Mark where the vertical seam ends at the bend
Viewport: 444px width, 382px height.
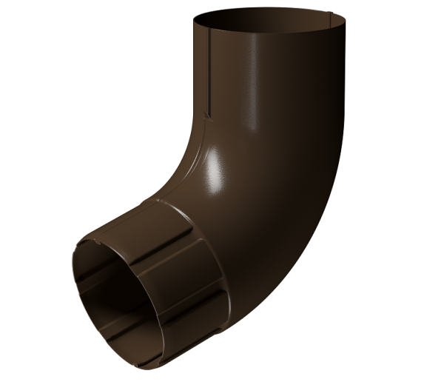pyautogui.click(x=208, y=118)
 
